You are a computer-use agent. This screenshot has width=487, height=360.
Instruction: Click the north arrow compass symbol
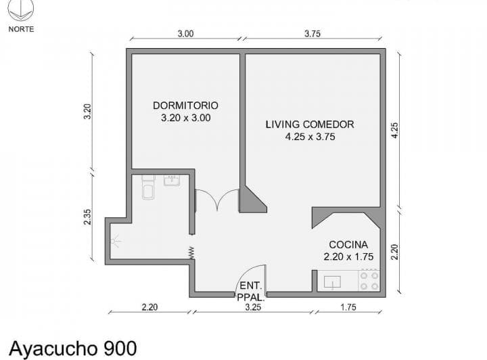click(x=22, y=9)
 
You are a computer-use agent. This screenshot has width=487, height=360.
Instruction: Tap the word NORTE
click(x=21, y=29)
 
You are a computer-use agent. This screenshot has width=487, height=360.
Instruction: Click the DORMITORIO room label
click(x=185, y=106)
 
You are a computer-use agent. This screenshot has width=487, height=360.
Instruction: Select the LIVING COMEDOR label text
click(x=310, y=125)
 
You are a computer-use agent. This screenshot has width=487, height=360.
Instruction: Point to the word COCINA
click(x=348, y=244)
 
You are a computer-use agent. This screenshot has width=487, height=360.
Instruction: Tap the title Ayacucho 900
click(x=73, y=348)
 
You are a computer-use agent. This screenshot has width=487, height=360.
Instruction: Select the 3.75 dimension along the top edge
click(x=312, y=34)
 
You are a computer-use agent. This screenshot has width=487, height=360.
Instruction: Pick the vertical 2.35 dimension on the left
click(x=87, y=217)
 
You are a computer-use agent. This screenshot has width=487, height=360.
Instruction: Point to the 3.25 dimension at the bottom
click(x=253, y=307)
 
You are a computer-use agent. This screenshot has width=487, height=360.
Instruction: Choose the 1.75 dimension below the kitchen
click(x=348, y=307)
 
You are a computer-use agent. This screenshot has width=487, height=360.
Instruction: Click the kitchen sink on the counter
click(x=333, y=282)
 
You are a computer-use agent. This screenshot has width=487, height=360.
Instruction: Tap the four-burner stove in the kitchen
click(x=369, y=280)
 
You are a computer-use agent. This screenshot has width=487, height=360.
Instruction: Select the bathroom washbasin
click(x=172, y=180)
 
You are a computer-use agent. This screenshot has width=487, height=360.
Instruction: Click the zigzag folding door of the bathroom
click(x=191, y=252)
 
